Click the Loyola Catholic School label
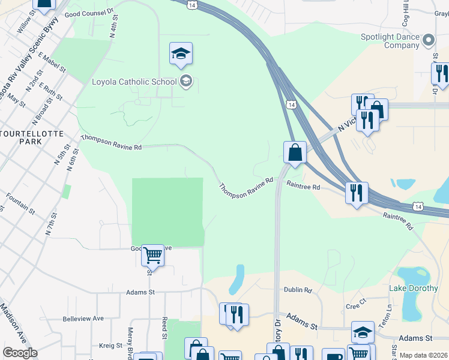134,82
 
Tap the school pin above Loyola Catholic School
181,55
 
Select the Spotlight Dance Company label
390,41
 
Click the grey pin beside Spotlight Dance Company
428,41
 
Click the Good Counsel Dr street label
89,13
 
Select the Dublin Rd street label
298,290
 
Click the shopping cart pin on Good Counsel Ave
152,256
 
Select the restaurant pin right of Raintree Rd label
357,193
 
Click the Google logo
19,353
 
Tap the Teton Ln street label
389,313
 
